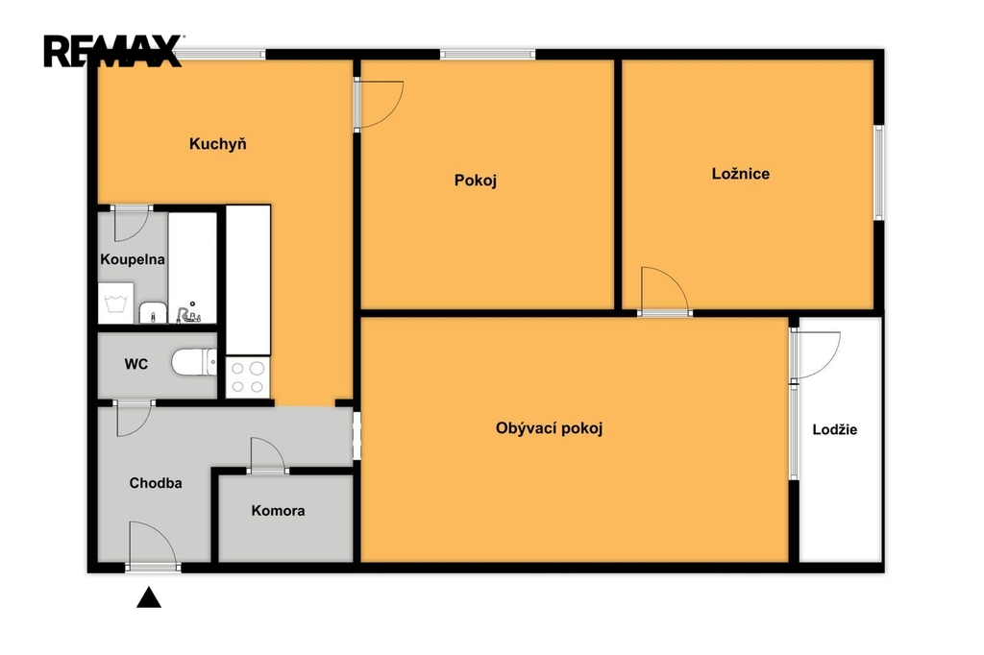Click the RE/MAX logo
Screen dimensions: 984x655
[113, 51]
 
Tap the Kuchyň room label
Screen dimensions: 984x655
[218, 144]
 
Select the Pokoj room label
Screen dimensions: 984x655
[476, 181]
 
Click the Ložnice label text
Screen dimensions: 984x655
[741, 174]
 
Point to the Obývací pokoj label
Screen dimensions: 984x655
[549, 428]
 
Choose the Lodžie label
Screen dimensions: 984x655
[835, 429]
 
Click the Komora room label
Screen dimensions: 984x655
[278, 511]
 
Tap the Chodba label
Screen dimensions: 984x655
[156, 483]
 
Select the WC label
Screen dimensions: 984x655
[136, 364]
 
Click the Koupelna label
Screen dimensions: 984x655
[133, 259]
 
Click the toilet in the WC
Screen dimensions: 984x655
[194, 363]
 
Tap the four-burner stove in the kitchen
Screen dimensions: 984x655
[248, 377]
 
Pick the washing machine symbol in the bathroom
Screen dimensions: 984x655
[116, 303]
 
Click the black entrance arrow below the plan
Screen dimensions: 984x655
[149, 597]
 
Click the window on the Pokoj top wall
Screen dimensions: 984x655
[487, 55]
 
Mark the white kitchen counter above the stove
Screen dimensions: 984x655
[248, 280]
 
